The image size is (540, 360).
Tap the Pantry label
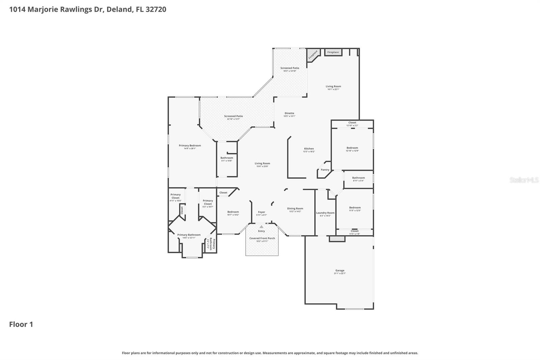[x=325, y=170]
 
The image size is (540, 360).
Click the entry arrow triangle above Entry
[x=261, y=227]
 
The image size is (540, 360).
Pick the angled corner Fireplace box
[x=313, y=55]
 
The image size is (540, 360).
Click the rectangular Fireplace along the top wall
[x=333, y=52]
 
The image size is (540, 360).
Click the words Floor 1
[x=21, y=325]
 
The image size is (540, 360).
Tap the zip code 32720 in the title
[x=156, y=9]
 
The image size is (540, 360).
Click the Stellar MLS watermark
[x=524, y=180]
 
